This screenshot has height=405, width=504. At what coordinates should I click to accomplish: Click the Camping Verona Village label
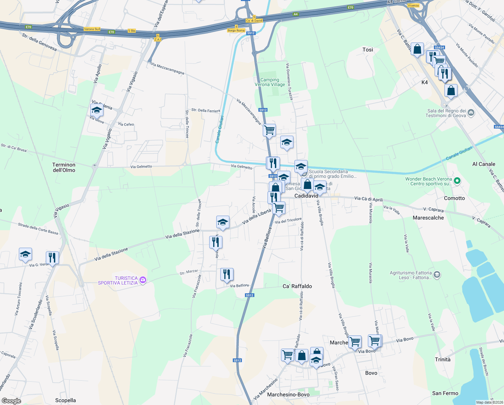270,82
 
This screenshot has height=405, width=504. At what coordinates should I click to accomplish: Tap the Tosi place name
368,50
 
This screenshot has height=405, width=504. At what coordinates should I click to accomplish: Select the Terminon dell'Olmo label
64,167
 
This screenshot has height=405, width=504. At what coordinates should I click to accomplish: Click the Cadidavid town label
306,196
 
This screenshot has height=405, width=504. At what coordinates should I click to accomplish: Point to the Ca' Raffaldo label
297,286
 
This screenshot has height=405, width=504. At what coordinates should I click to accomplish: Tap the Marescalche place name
428,218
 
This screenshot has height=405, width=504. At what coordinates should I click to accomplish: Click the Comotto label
454,198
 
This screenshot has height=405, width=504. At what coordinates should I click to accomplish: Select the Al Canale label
483,164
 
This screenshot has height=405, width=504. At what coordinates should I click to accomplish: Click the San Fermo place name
445,393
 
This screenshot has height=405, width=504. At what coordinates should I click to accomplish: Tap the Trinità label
442,359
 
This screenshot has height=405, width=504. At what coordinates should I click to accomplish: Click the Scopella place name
65,400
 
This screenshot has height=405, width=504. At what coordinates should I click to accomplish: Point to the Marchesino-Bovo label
288,395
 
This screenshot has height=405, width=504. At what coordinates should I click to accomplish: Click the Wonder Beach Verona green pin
457,181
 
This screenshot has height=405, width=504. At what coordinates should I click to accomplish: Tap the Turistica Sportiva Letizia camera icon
143,280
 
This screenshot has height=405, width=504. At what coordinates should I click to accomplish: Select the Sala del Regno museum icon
471,112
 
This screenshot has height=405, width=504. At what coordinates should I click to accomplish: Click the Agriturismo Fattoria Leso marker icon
437,275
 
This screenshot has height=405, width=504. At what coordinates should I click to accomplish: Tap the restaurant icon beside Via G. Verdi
52,258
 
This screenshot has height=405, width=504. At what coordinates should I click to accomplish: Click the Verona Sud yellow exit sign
92,29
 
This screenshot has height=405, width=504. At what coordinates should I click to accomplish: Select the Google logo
11,401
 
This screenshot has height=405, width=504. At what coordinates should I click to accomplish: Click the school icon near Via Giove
97,110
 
